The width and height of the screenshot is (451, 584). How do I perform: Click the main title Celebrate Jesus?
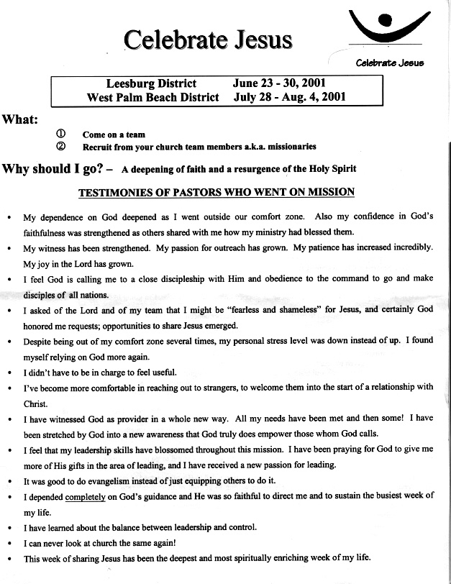(x=208, y=40)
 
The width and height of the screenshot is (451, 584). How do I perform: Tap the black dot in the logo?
(x=386, y=20)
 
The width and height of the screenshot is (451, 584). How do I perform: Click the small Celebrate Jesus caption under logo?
(x=390, y=63)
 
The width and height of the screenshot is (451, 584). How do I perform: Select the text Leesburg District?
(x=150, y=84)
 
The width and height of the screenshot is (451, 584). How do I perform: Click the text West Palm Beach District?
(x=152, y=97)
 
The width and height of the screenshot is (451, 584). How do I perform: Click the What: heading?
(x=20, y=119)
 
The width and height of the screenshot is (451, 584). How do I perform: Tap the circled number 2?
(x=60, y=146)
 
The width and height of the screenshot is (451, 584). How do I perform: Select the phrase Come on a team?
(x=114, y=134)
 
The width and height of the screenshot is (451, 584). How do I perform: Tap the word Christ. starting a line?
(x=35, y=404)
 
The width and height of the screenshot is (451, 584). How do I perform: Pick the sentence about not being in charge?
(x=100, y=372)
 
